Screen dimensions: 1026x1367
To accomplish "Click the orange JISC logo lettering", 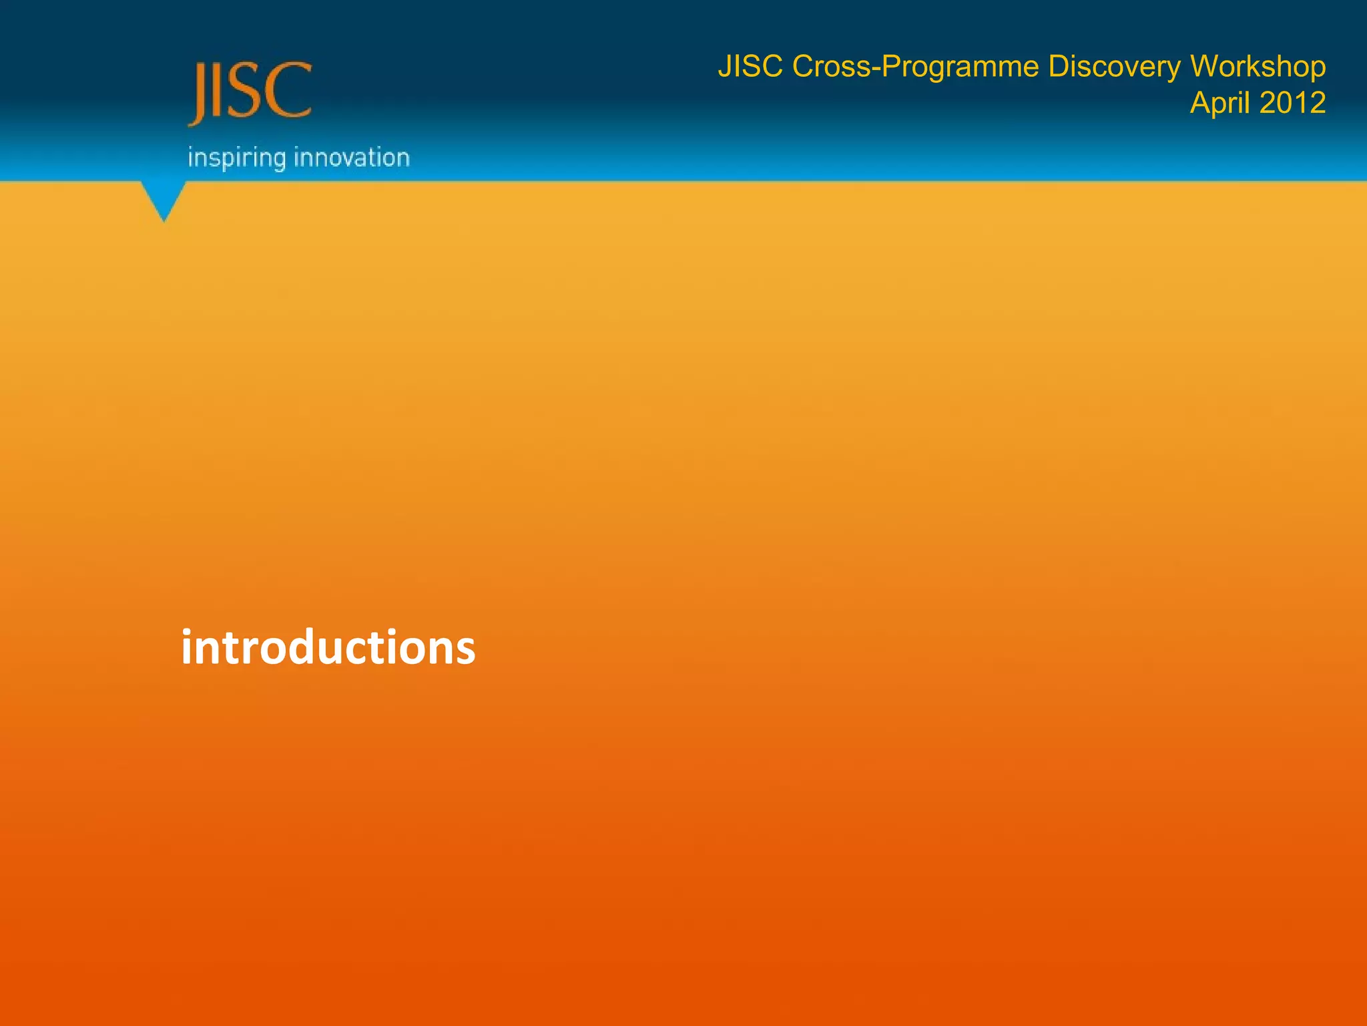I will tap(250, 92).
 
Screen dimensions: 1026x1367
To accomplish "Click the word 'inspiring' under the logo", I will tap(236, 158).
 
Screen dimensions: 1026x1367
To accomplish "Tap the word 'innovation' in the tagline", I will tap(352, 158).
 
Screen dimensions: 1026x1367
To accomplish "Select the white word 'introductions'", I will tap(328, 647).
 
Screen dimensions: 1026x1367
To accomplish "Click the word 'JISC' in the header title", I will tap(750, 67).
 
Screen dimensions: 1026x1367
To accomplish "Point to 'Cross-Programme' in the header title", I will tap(915, 67).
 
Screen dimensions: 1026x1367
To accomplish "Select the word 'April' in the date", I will tap(1220, 103).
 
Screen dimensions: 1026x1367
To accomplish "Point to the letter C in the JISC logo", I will tap(291, 91).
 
